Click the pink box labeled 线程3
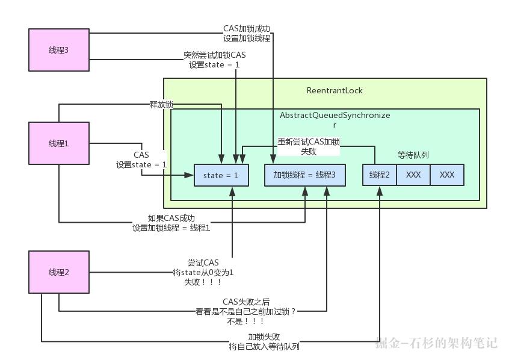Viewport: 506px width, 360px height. pos(59,49)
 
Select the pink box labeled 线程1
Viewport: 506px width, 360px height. pos(59,143)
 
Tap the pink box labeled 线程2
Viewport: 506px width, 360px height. pos(59,272)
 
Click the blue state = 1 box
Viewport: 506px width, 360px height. pos(221,175)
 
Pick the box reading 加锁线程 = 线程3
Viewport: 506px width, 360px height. pos(305,175)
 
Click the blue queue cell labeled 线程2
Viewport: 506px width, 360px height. pos(380,175)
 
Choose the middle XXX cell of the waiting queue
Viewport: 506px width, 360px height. pos(413,175)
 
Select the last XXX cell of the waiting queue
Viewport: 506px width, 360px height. pos(447,175)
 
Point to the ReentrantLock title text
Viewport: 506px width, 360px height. pos(335,91)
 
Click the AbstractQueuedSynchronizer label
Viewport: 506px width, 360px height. pos(335,119)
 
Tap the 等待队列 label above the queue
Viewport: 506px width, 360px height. pos(413,155)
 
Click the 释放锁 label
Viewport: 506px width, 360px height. pos(161,104)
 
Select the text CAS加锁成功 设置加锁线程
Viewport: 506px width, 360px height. pos(247,33)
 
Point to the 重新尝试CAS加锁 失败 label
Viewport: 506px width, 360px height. pos(309,147)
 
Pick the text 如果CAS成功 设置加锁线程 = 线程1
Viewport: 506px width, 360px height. pos(171,223)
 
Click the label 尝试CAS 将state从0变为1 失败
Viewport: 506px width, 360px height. pos(203,272)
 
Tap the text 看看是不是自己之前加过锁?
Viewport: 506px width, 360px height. pos(246,311)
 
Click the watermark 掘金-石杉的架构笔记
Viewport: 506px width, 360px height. pos(436,343)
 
